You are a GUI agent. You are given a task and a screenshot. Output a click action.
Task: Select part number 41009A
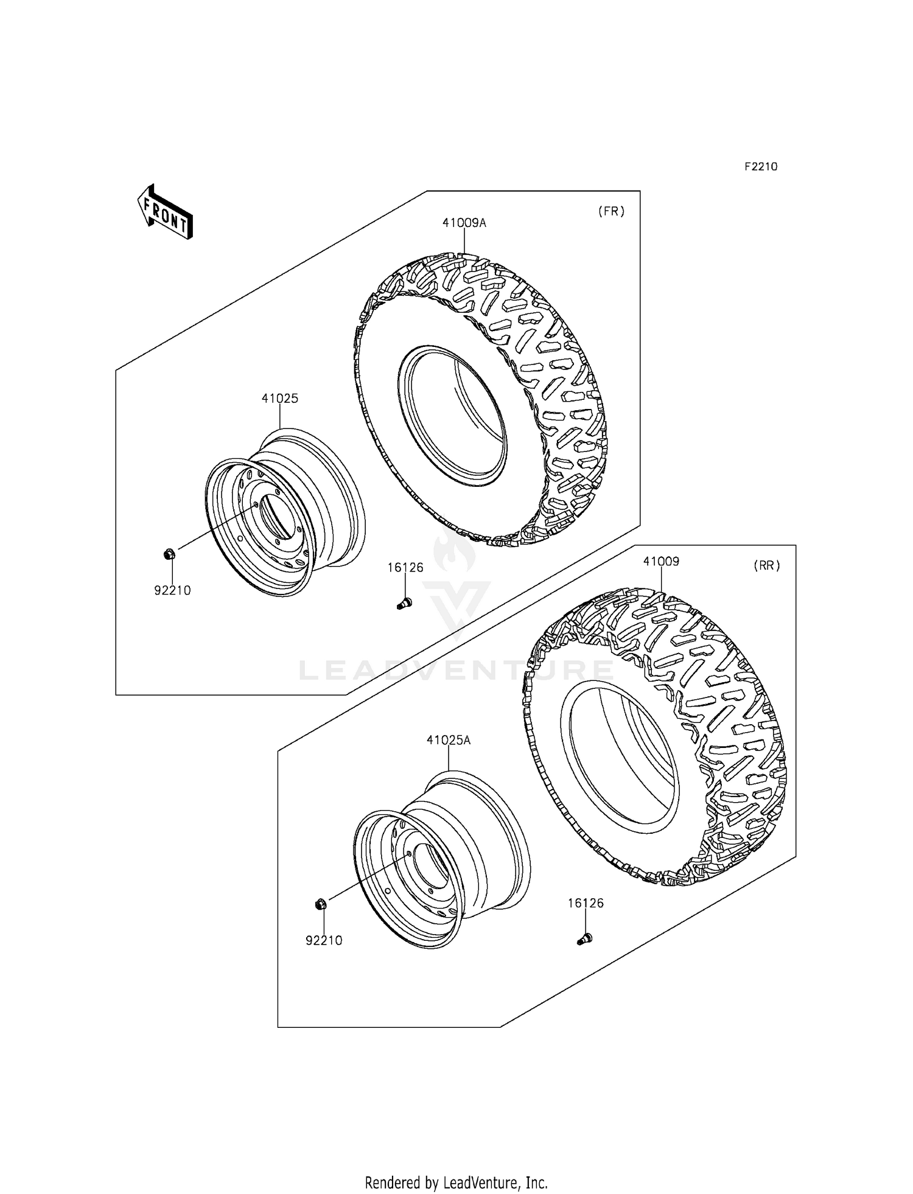(x=464, y=223)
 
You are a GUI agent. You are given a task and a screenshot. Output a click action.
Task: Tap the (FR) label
(x=610, y=211)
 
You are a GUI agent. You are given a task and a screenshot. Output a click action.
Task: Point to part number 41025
(x=280, y=399)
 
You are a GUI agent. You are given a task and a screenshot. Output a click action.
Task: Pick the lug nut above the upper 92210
(x=170, y=554)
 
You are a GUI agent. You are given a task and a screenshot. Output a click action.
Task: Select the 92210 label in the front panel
(x=172, y=590)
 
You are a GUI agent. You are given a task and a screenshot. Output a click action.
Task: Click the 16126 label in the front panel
(x=405, y=567)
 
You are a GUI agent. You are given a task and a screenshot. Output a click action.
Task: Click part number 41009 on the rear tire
(x=661, y=561)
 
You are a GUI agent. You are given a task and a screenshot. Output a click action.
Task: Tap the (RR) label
(x=766, y=565)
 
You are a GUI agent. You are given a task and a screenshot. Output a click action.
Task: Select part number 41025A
(x=449, y=740)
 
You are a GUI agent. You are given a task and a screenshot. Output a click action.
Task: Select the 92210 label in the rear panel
(x=324, y=940)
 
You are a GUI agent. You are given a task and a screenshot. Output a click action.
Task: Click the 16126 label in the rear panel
(x=586, y=920)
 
